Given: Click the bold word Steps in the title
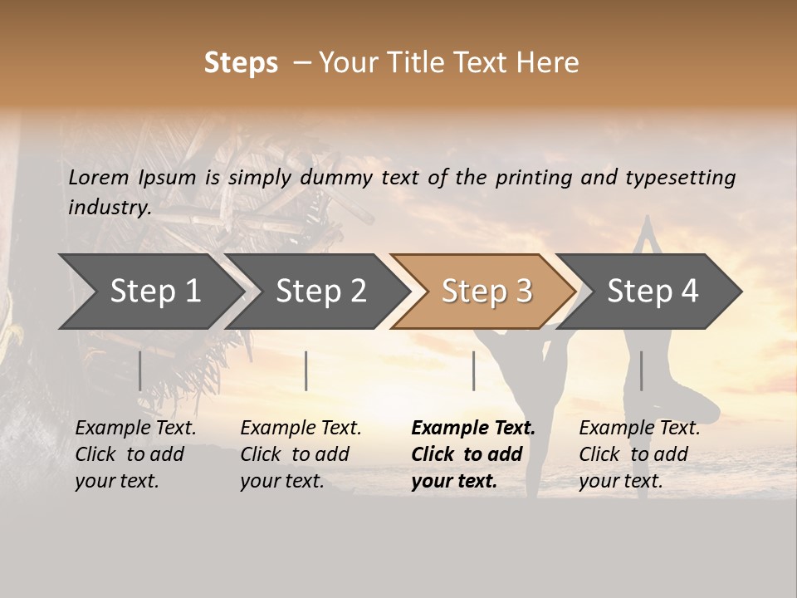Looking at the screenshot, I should click(241, 63).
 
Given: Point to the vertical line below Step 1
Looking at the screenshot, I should click(140, 370).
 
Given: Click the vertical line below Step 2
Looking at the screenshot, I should click(306, 370).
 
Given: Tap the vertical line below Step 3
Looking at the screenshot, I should click(473, 370).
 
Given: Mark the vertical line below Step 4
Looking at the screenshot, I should click(641, 370).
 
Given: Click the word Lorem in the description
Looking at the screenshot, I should click(99, 178).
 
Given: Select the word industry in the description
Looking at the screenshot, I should click(109, 208).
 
